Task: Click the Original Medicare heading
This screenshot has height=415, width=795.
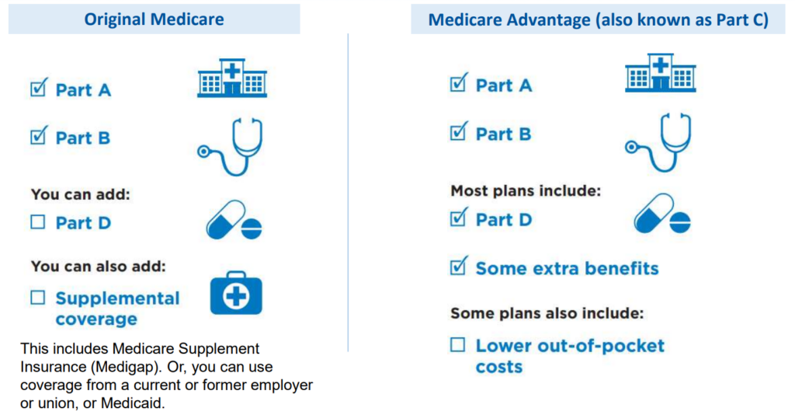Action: pos(154,19)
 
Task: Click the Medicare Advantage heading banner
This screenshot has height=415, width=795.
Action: pos(598,20)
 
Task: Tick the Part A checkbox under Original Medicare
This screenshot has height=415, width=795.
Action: pos(38,89)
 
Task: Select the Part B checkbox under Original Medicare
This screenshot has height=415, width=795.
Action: pos(38,138)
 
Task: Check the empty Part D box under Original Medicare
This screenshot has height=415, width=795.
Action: pos(38,223)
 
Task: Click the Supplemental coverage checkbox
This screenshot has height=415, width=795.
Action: pos(38,298)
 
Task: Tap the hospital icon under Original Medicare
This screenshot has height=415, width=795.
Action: pos(232,78)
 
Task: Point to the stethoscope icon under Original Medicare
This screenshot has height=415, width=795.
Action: pos(231,147)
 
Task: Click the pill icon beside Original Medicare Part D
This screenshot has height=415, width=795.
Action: pos(234,221)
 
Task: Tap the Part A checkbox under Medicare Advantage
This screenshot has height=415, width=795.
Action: pos(458,85)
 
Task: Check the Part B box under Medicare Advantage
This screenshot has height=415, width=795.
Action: pos(458,133)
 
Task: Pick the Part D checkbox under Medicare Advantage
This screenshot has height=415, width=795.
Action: pos(458,219)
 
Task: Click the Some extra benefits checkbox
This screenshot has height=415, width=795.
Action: pos(458,268)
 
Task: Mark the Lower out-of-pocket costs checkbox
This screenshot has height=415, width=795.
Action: pos(458,346)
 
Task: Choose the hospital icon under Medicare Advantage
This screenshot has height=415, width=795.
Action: pos(661,74)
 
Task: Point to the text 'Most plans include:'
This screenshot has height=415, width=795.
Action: pos(526,190)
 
